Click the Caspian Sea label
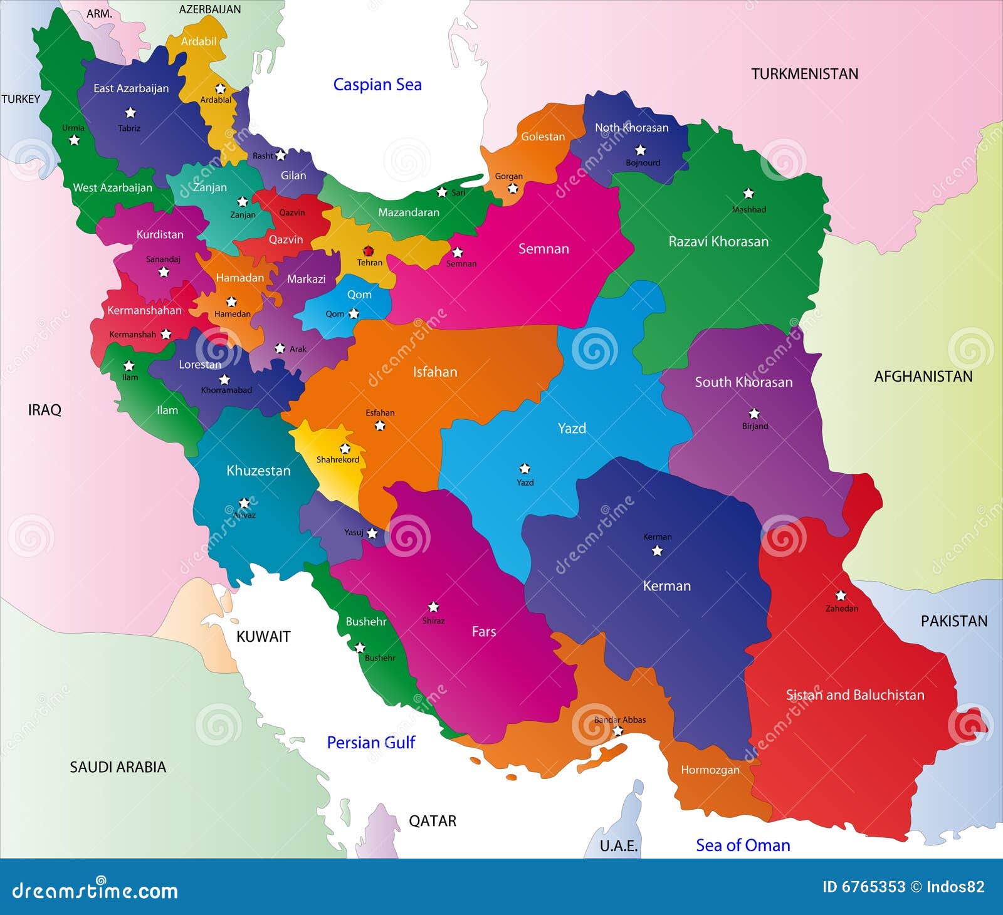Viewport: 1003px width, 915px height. pos(377,85)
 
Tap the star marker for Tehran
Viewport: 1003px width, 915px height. pos(368,251)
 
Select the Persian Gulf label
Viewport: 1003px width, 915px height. pos(370,743)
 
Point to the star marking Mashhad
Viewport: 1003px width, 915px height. pos(748,194)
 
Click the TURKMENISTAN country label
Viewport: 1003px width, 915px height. pos(804,74)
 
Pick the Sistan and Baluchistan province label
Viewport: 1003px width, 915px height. pos(854,694)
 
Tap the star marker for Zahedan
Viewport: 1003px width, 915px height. pos(841,595)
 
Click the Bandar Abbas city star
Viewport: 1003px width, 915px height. pos(617,731)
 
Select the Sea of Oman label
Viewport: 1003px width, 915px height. pos(742,845)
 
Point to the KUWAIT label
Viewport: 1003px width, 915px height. pos(263,637)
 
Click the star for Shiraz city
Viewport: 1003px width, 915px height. pos(433,607)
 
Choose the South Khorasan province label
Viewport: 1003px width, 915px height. pos(743,382)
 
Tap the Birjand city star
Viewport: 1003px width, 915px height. pos(754,414)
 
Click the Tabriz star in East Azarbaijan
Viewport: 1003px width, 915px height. pos(130,113)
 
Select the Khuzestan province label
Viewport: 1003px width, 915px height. pos(258,471)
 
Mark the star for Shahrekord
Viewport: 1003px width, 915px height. pos(345,449)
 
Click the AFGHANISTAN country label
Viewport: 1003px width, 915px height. pos(923,377)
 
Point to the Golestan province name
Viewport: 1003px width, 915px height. pos(543,137)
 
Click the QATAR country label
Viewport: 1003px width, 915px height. pos(433,821)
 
